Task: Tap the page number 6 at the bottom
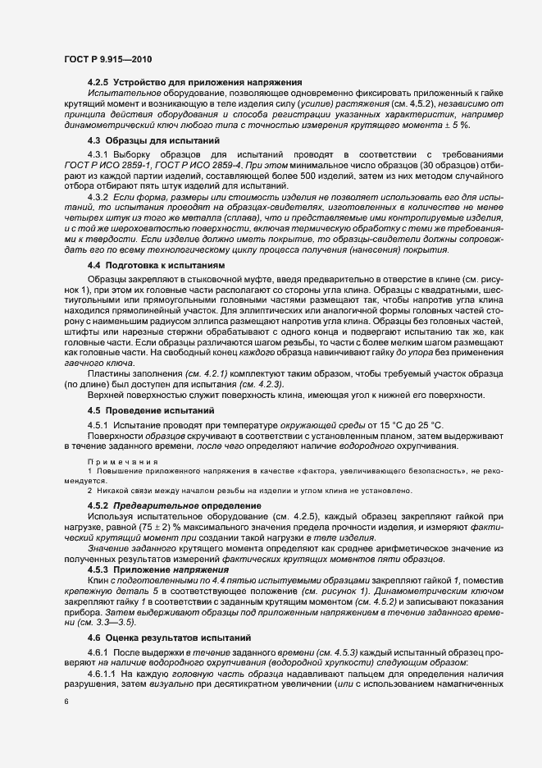66,704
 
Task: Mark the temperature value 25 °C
428,423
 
